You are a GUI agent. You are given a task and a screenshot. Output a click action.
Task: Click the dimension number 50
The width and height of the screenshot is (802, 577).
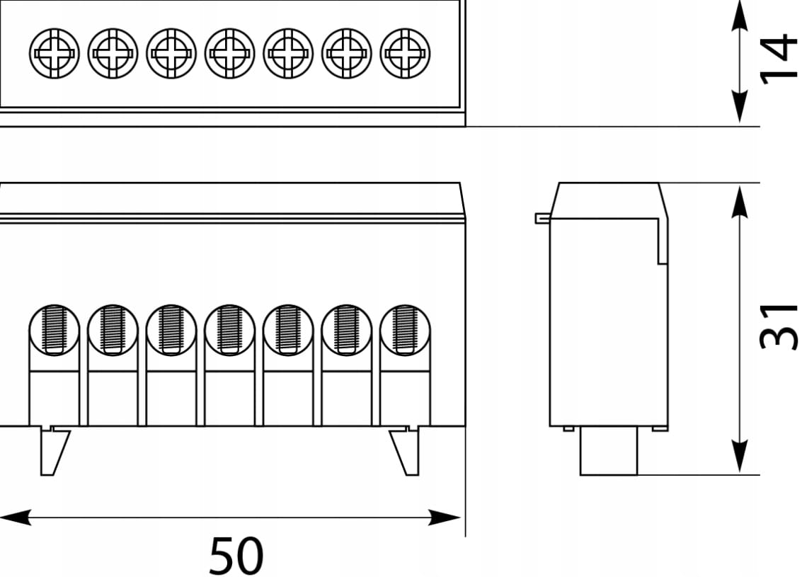point(236,556)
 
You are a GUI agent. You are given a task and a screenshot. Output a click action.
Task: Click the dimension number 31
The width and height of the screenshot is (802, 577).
point(779,326)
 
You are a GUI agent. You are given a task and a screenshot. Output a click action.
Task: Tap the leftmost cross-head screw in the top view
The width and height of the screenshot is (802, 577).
point(55,53)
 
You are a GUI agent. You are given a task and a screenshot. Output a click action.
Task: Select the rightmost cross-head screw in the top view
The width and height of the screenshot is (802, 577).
point(405,53)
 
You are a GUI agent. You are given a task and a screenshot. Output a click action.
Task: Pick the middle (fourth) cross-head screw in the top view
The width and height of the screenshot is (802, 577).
point(229,53)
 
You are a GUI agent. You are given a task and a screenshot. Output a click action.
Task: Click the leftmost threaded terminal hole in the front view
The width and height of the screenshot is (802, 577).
point(55,329)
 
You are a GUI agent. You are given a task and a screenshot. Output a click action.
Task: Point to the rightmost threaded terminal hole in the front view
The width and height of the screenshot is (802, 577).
point(405,329)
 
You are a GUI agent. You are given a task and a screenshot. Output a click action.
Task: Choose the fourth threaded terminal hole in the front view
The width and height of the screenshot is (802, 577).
point(229,329)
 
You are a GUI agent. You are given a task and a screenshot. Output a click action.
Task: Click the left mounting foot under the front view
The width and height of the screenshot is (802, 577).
point(54,451)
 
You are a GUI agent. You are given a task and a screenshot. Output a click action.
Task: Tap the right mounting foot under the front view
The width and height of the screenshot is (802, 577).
point(405,451)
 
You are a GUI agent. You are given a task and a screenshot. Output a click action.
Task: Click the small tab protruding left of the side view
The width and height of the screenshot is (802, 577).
point(542,219)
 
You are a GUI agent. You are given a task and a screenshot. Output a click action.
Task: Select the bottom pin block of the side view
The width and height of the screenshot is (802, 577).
point(609,451)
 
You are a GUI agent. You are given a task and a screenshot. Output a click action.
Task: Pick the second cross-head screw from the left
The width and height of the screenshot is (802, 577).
point(113,53)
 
